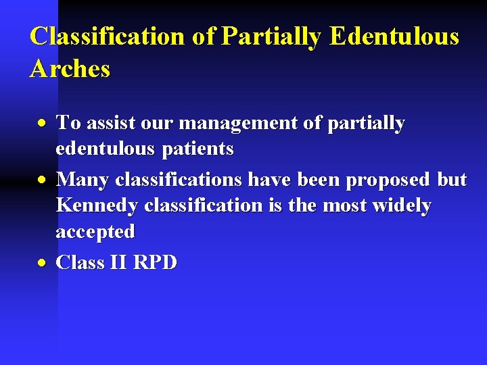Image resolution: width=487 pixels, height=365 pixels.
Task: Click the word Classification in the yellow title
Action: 108,36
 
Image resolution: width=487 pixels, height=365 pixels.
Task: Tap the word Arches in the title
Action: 70,68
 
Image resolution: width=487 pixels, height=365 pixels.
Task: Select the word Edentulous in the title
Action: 394,36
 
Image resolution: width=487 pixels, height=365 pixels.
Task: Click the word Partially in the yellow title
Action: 271,36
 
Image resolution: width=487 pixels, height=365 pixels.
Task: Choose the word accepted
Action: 95,231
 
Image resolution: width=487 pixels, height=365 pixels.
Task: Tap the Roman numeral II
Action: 117,262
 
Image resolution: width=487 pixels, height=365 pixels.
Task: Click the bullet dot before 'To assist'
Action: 43,124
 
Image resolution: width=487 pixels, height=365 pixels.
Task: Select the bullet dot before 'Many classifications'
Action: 43,181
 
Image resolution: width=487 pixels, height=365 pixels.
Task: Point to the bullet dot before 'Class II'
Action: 43,263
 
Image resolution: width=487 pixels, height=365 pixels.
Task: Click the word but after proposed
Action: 452,180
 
